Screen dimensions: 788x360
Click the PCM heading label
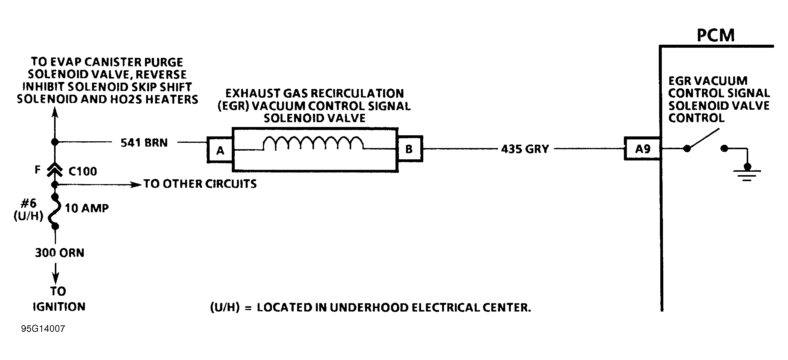click(x=716, y=35)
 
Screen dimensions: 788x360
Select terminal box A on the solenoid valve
click(x=220, y=150)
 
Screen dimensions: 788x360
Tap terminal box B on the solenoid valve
click(x=409, y=149)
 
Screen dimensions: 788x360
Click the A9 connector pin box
click(x=642, y=149)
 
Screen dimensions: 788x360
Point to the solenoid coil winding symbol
click(x=313, y=143)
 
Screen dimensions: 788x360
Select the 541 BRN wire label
click(x=144, y=143)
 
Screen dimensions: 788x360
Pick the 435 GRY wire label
click(x=525, y=149)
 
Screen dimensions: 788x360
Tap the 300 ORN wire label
click(x=60, y=253)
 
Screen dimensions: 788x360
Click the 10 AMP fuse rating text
click(x=87, y=208)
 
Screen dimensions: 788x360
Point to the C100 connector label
click(x=83, y=171)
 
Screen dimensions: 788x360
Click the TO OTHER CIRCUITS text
click(x=200, y=184)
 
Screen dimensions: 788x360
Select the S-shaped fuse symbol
click(x=55, y=211)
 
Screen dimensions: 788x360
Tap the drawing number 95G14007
click(x=43, y=329)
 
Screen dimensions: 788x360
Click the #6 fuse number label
click(x=29, y=203)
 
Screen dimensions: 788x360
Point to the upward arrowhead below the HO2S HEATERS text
click(x=55, y=112)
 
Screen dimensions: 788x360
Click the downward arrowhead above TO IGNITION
click(x=56, y=278)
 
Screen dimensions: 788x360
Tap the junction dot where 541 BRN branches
click(x=55, y=142)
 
